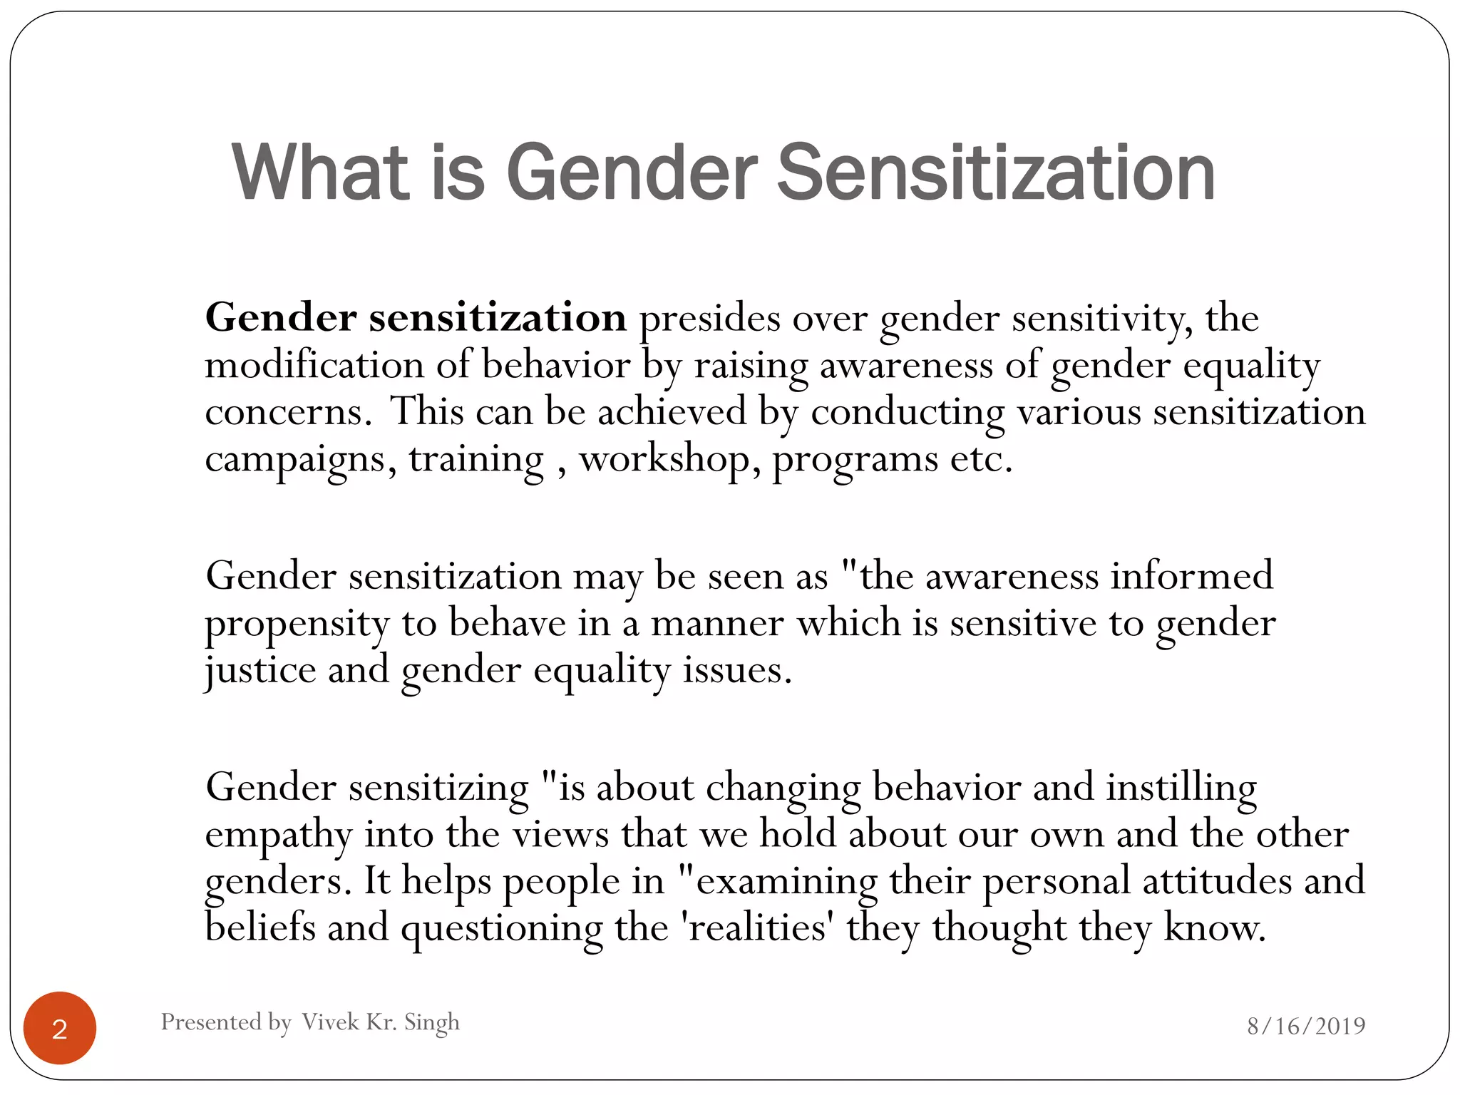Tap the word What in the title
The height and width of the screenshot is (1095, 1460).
pyautogui.click(x=322, y=173)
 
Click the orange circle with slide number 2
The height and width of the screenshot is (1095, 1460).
pyautogui.click(x=60, y=1028)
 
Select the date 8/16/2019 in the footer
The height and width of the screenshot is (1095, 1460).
pyautogui.click(x=1306, y=1026)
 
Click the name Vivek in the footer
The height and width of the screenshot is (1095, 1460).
pyautogui.click(x=330, y=1022)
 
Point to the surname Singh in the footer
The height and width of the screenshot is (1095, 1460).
pyautogui.click(x=431, y=1022)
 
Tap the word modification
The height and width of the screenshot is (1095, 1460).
pyautogui.click(x=314, y=365)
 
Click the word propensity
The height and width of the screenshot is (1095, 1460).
pyautogui.click(x=297, y=624)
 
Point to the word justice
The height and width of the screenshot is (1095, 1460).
pyautogui.click(x=260, y=671)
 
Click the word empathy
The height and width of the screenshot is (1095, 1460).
pyautogui.click(x=278, y=835)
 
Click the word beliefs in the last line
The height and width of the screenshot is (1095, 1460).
pyautogui.click(x=260, y=927)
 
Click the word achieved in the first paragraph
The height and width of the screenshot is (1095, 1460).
pyautogui.click(x=672, y=412)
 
